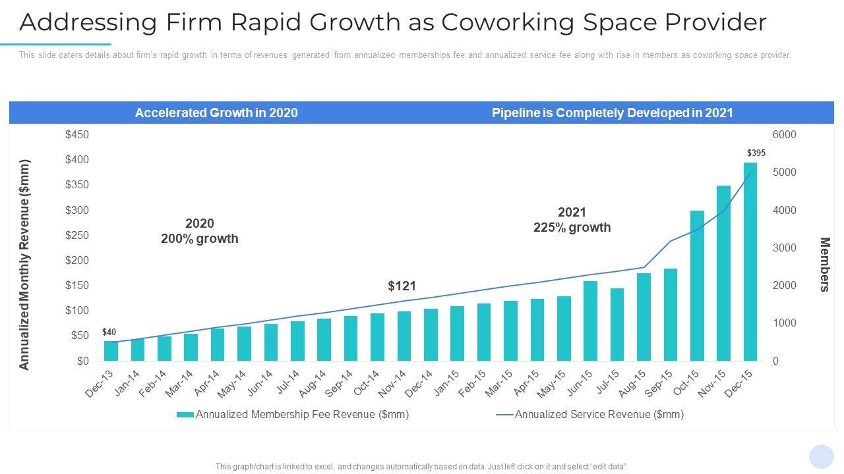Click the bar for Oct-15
697,286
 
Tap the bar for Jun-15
590,321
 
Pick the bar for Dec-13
111,351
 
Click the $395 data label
756,153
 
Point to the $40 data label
109,332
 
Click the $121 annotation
402,286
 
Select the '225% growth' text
572,228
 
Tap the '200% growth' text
199,239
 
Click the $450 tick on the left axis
77,135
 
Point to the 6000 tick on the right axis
784,135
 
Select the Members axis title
824,264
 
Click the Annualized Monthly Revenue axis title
25,264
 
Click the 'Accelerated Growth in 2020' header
216,113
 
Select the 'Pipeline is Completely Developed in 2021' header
613,113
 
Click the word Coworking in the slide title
500,22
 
